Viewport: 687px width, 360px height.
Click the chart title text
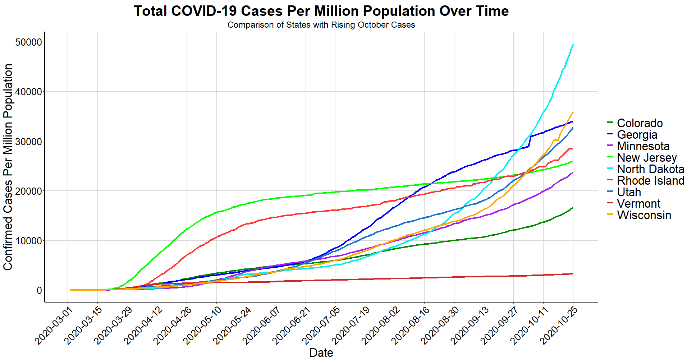pos(321,11)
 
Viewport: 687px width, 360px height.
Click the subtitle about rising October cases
pos(321,25)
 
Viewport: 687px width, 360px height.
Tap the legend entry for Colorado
pos(640,123)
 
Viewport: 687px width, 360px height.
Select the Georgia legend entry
pos(637,135)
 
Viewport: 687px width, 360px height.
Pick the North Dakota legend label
pos(650,169)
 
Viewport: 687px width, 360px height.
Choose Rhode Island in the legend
pos(650,181)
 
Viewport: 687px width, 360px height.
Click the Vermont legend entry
pos(638,204)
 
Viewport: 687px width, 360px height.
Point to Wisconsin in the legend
pos(644,215)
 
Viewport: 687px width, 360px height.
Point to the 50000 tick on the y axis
pos(29,42)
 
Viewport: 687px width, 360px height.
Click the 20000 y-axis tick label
pos(29,191)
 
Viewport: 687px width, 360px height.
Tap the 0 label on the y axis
pos(39,290)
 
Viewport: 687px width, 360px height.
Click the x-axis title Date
pos(321,352)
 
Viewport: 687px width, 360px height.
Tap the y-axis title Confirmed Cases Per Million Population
pos(8,167)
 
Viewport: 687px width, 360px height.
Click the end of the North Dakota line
pos(573,45)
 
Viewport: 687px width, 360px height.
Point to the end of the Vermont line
pos(573,274)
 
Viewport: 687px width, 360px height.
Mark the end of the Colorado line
pos(573,208)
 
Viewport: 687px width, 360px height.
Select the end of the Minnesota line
pos(573,172)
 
